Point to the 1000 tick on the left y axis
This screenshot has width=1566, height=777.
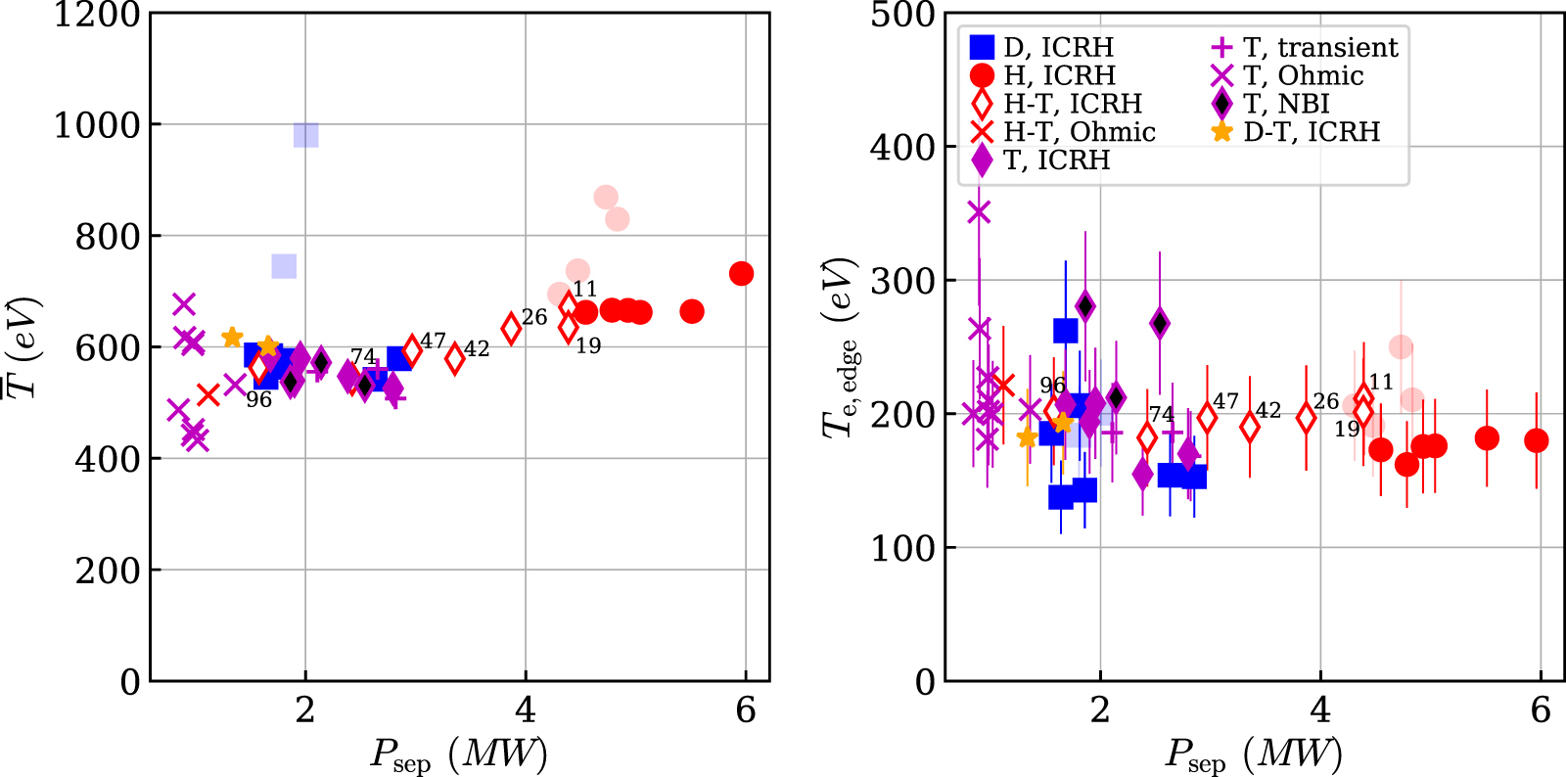(96, 125)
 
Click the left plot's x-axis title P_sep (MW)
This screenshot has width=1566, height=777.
(458, 754)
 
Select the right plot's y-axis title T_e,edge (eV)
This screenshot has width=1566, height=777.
(840, 347)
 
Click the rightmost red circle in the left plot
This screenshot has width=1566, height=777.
(742, 273)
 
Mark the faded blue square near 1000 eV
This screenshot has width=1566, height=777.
(305, 135)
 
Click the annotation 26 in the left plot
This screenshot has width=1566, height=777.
(534, 317)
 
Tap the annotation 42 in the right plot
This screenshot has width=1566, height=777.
(1268, 410)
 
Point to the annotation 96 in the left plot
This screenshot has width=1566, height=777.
(258, 400)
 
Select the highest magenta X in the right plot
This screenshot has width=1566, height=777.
(979, 211)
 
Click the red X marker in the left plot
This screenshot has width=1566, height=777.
(207, 394)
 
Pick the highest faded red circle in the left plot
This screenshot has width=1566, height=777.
(606, 197)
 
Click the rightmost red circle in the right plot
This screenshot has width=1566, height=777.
(1537, 440)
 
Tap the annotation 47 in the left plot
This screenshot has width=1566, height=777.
(434, 341)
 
